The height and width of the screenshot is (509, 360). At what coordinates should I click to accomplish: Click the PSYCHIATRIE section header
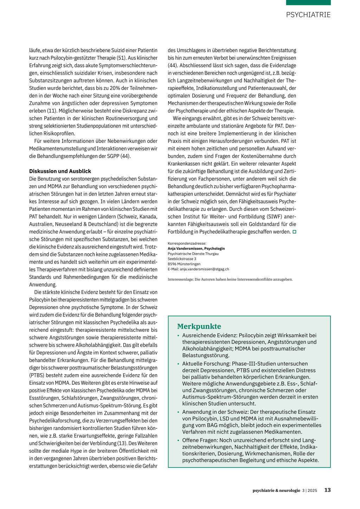[308, 15]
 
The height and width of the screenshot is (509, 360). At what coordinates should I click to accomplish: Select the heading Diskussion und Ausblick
[60, 171]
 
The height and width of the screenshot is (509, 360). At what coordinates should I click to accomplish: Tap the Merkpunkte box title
[199, 326]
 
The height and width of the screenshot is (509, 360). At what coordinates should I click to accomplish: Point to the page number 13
[327, 490]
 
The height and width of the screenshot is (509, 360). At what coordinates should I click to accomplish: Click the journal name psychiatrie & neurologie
[276, 490]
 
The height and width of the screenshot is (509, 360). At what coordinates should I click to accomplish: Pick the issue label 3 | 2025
[309, 490]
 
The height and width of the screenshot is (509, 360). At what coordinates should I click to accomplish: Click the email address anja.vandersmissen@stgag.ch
[204, 269]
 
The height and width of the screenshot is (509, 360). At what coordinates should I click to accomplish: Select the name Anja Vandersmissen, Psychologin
[196, 249]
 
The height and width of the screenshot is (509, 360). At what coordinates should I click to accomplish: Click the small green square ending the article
[295, 232]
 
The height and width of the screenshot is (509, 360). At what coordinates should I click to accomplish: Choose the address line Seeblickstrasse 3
[182, 259]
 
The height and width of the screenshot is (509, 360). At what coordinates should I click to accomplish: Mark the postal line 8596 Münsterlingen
[184, 264]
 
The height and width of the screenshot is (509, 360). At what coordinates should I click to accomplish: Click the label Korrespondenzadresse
[187, 243]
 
